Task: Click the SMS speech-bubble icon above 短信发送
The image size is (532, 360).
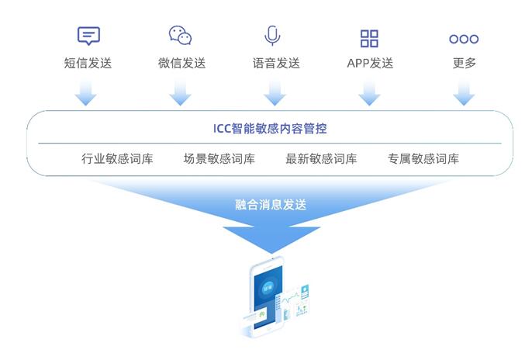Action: tap(88, 35)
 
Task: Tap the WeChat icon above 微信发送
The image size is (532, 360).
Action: tap(180, 35)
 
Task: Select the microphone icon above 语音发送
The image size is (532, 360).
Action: tap(272, 35)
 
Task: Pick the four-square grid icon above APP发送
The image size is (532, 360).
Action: tap(369, 38)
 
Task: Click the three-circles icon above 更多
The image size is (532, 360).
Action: tap(464, 39)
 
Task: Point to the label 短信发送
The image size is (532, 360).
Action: tap(88, 63)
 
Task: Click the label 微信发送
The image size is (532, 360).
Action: tap(181, 63)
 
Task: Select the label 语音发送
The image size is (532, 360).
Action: tap(276, 63)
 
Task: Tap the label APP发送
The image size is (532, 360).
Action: tap(370, 63)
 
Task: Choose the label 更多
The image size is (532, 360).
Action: tap(464, 63)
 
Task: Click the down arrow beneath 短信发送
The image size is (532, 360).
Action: tap(85, 93)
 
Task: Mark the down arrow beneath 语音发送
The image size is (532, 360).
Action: tap(275, 93)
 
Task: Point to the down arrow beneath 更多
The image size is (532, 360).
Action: tap(464, 93)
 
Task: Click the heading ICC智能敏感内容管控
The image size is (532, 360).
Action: tap(270, 129)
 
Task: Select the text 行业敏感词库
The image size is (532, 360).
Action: tap(117, 158)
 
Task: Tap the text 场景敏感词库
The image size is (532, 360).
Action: tap(219, 158)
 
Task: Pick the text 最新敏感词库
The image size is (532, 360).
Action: tap(321, 158)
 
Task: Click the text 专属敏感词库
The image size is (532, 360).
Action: tap(423, 158)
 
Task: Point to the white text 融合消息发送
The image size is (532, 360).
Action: tap(271, 205)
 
